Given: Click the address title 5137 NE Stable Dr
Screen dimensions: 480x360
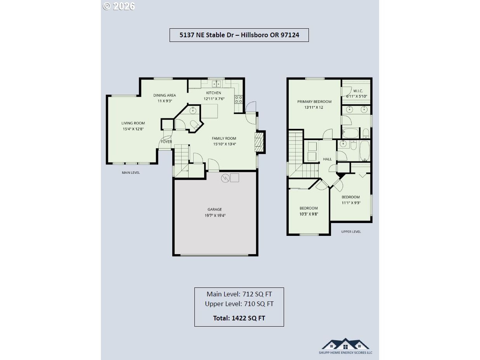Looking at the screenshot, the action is coord(207,35).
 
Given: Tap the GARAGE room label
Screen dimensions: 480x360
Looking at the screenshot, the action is coord(215,209).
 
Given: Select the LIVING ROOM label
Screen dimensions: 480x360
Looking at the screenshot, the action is coord(133,123).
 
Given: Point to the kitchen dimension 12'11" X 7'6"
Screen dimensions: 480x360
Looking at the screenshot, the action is coord(214,99).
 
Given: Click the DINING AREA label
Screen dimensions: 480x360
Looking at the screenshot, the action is coord(165,95).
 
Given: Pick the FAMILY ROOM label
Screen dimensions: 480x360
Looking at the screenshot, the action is coord(224,138).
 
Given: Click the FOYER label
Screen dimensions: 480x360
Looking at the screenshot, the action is coord(166,142).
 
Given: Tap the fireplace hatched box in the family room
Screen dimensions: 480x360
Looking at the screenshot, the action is coord(260,142).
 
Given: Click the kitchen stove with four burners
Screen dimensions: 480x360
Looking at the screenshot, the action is coord(239,99).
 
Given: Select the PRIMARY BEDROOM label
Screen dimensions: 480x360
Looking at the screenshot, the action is coord(314,102).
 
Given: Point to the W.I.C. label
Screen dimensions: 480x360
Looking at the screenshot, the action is coord(358,91).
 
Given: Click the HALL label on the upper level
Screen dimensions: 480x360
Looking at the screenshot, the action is coord(328,159).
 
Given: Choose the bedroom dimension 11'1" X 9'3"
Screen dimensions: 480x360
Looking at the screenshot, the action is coord(351,203).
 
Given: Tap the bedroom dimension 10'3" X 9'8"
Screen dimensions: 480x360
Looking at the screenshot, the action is coord(308,214).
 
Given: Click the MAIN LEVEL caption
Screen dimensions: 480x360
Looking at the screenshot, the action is coord(131,173).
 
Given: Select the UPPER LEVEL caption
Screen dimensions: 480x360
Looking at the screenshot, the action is coord(351,232).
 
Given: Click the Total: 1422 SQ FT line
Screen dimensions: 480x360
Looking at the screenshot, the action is coord(239,318).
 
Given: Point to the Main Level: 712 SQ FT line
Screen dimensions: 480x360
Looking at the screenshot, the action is coord(239,294).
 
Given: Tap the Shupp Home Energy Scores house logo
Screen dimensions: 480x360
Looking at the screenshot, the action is coord(345,344).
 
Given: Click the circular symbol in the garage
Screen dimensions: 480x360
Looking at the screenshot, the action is coord(225,178).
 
